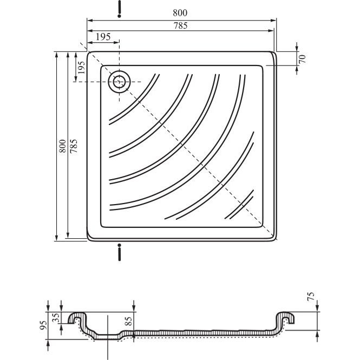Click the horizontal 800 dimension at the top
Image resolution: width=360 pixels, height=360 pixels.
pyautogui.click(x=180, y=13)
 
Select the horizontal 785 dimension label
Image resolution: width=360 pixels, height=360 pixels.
pyautogui.click(x=180, y=26)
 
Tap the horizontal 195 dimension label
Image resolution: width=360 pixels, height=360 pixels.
pyautogui.click(x=103, y=37)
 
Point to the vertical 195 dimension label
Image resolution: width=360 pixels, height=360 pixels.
pyautogui.click(x=81, y=67)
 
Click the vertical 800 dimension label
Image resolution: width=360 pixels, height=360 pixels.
pyautogui.click(x=62, y=146)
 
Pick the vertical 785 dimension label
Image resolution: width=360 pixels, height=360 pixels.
pyautogui.click(x=74, y=146)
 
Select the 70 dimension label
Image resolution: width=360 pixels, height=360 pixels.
pyautogui.click(x=302, y=59)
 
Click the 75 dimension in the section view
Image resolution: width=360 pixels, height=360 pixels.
pyautogui.click(x=310, y=297)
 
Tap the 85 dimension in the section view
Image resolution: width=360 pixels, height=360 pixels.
pyautogui.click(x=128, y=321)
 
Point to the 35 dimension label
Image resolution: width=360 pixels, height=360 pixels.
pyautogui.click(x=56, y=318)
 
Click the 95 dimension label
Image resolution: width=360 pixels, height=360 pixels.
pyautogui.click(x=43, y=325)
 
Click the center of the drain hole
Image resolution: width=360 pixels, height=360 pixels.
pyautogui.click(x=120, y=82)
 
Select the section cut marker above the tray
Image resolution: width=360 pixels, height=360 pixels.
pyautogui.click(x=119, y=9)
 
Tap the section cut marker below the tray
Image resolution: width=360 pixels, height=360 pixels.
pyautogui.click(x=120, y=252)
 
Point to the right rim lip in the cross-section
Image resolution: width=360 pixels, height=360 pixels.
pyautogui.click(x=285, y=317)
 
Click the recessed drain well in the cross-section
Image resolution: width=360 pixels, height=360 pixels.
pyautogui.click(x=107, y=336)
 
